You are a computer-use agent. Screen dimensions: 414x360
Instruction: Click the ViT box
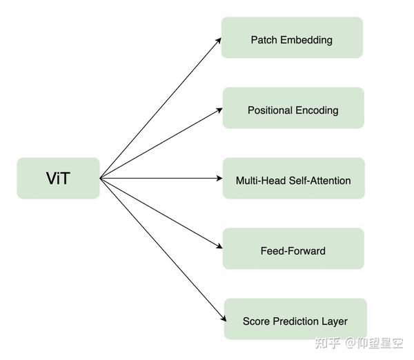(x=58, y=178)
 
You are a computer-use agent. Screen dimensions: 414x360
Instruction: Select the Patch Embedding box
(x=292, y=37)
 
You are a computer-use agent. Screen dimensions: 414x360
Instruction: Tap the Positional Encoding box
(x=293, y=108)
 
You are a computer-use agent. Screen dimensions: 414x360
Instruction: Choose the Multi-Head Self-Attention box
(x=294, y=178)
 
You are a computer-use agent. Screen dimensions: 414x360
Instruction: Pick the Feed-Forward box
(x=293, y=249)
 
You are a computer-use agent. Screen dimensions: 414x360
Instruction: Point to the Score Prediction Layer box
(x=295, y=319)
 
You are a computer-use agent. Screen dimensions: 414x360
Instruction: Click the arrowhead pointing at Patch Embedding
(x=218, y=41)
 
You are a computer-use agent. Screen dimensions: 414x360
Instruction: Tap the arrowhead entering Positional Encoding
(x=219, y=110)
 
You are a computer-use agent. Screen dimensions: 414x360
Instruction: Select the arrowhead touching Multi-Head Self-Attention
(x=219, y=178)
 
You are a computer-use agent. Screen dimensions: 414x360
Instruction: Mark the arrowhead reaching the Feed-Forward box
(x=219, y=246)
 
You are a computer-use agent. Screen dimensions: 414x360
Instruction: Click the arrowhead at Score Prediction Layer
(x=224, y=318)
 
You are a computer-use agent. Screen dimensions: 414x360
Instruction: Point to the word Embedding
(x=306, y=40)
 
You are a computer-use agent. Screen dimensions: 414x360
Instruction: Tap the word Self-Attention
(x=320, y=181)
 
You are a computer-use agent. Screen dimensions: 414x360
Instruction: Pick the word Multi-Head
(x=261, y=181)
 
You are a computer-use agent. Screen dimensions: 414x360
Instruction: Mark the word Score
(x=257, y=321)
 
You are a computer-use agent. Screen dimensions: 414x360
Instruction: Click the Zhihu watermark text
(x=359, y=343)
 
